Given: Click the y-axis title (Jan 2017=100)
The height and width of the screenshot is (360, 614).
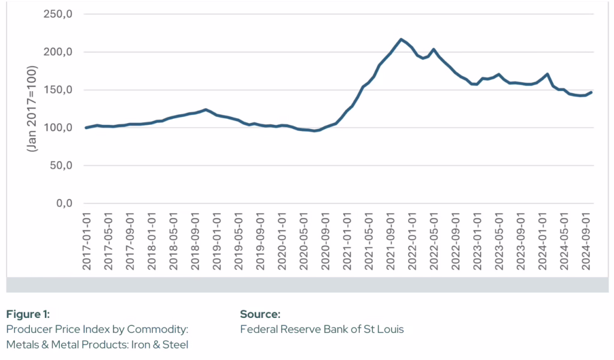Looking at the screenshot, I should pos(32,109).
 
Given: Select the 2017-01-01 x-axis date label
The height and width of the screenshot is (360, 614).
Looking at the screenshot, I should pos(86,240).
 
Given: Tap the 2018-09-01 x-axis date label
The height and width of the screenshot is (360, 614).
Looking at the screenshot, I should pos(195,240).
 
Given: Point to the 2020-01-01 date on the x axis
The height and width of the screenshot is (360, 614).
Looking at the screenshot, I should pos(282,240).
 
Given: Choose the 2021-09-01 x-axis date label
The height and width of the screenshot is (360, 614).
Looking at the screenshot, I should pos(390,240).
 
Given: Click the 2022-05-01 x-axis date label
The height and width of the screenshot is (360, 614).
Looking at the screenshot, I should pos(434,240).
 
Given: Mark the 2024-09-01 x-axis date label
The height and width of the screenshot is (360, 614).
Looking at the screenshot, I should pos(586,240).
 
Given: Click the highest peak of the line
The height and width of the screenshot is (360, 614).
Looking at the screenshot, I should pos(401,40).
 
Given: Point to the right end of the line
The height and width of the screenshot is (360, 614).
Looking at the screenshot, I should pos(591,92).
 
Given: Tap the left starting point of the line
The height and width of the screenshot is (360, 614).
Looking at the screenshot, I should pos(86,128).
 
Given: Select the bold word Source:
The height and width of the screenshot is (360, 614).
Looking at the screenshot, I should pos(260,314).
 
